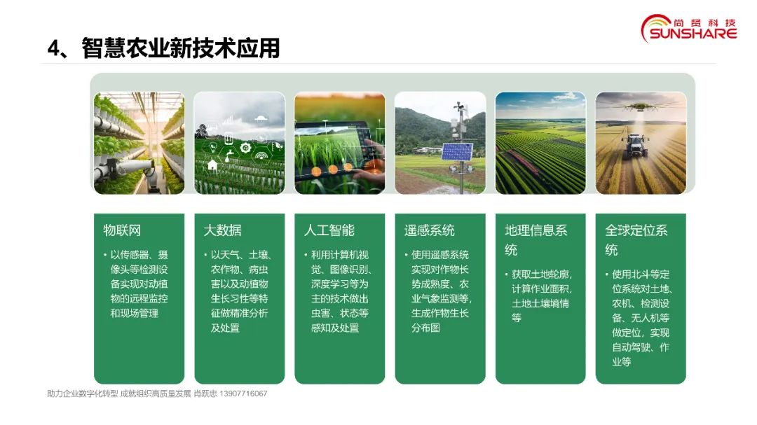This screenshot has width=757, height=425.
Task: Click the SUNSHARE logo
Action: (689, 29)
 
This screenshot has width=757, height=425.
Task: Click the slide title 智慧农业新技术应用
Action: (181, 48)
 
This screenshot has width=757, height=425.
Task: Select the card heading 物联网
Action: (122, 230)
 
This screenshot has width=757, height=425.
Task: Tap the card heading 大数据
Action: (223, 230)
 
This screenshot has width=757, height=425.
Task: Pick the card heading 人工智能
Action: (329, 230)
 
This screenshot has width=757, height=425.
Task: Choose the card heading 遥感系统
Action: (430, 230)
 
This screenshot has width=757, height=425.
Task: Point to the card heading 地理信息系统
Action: (536, 239)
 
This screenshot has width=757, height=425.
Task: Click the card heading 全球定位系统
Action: (636, 239)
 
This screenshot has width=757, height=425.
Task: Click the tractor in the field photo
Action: (634, 146)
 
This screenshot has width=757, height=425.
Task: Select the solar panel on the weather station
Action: (457, 152)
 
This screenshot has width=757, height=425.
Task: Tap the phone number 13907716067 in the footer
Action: (243, 393)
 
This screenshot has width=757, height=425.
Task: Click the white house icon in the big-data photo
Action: (212, 165)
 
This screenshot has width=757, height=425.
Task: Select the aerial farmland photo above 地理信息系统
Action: (540, 144)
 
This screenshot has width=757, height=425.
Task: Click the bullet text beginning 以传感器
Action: (136, 284)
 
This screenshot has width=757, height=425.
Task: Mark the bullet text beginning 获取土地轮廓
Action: (539, 296)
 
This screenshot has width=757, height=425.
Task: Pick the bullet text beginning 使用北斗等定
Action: (639, 318)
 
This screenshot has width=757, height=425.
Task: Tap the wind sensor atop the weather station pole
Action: (458, 106)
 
